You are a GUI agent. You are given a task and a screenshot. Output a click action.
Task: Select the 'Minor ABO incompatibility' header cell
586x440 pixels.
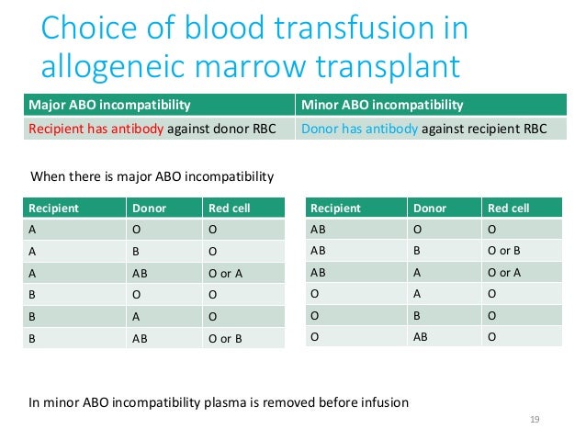382,105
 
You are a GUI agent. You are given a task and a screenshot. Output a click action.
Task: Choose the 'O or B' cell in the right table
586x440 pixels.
504,252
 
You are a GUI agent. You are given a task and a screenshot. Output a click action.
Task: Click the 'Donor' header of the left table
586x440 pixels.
150,209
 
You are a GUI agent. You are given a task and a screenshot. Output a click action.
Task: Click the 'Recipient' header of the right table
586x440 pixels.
335,209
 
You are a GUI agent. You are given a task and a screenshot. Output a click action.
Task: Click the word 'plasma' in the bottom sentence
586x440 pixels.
231,401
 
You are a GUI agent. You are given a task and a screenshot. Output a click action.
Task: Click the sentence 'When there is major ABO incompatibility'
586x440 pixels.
152,175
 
